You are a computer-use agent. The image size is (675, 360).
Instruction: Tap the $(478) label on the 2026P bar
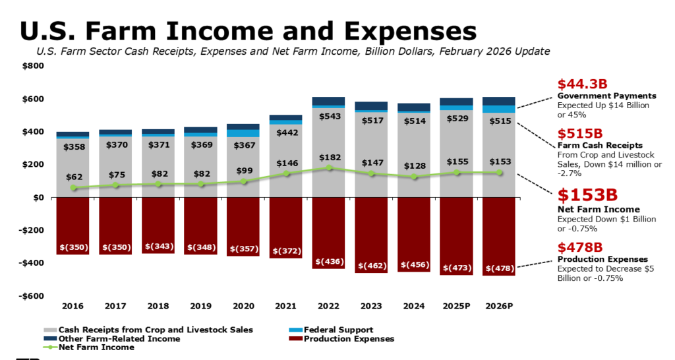(x=498, y=268)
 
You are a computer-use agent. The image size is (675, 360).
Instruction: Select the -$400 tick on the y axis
(x=32, y=263)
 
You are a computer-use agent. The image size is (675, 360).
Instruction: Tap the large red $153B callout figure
(x=589, y=195)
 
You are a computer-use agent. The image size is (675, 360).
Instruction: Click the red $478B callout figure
(x=580, y=247)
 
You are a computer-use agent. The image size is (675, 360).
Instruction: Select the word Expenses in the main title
(x=395, y=30)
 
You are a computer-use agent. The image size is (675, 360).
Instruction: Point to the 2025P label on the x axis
(x=456, y=306)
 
